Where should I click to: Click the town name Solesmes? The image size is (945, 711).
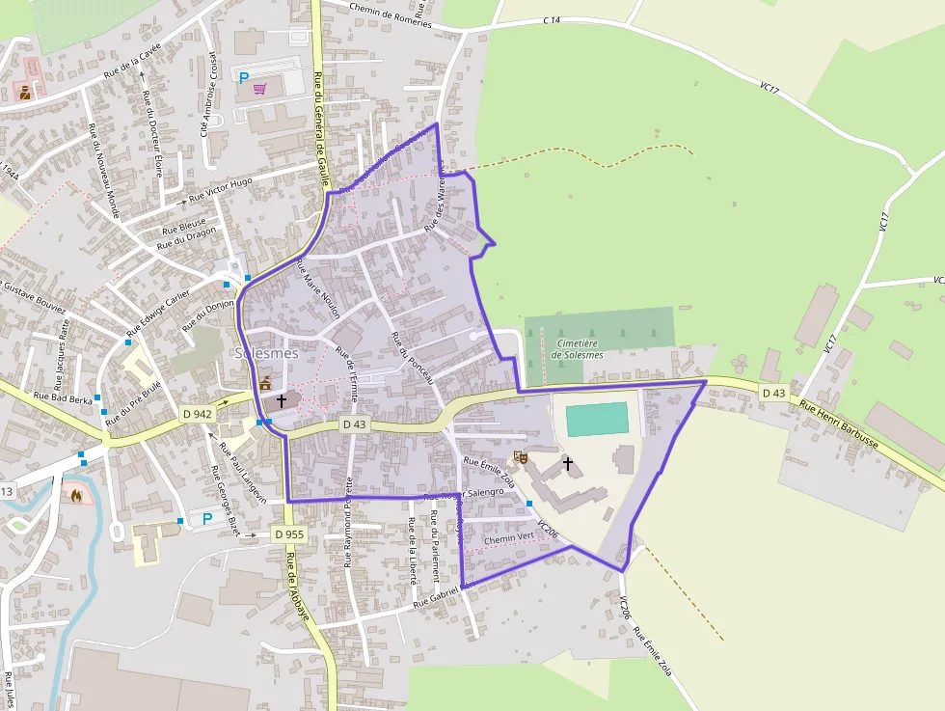[267, 354]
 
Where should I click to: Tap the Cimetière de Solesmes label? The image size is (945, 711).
[578, 348]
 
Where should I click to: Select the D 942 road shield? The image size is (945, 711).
[196, 414]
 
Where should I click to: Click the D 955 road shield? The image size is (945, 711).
[288, 533]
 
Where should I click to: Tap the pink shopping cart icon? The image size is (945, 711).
[260, 89]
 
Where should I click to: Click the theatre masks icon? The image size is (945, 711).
[522, 456]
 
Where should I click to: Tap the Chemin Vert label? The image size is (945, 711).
[508, 538]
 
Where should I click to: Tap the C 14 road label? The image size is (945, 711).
[551, 19]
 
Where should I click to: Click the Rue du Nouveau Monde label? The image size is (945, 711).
[101, 172]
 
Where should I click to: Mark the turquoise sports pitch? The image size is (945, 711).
[597, 420]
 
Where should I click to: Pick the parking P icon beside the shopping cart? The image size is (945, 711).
[244, 77]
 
